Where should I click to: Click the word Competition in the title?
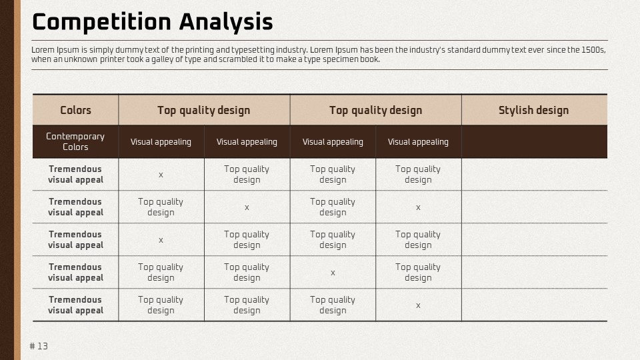click(x=101, y=23)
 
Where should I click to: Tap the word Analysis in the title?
click(x=226, y=23)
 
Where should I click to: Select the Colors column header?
click(x=75, y=110)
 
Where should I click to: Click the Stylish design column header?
click(x=533, y=110)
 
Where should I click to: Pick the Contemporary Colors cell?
click(x=75, y=141)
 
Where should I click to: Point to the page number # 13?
click(x=39, y=346)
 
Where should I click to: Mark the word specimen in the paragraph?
click(x=341, y=59)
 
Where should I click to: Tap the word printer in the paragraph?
click(x=112, y=59)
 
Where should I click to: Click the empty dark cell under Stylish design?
click(x=534, y=141)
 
